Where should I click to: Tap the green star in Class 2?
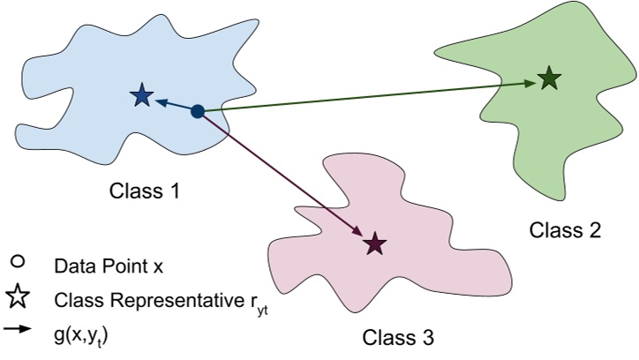[x=550, y=79]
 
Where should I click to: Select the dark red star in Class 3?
[x=375, y=244]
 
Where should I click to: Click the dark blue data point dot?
[x=198, y=111]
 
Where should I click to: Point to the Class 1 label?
[x=145, y=190]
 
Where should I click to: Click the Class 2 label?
[x=565, y=231]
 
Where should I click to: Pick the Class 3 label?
[x=397, y=337]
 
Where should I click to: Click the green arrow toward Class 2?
[x=371, y=96]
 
